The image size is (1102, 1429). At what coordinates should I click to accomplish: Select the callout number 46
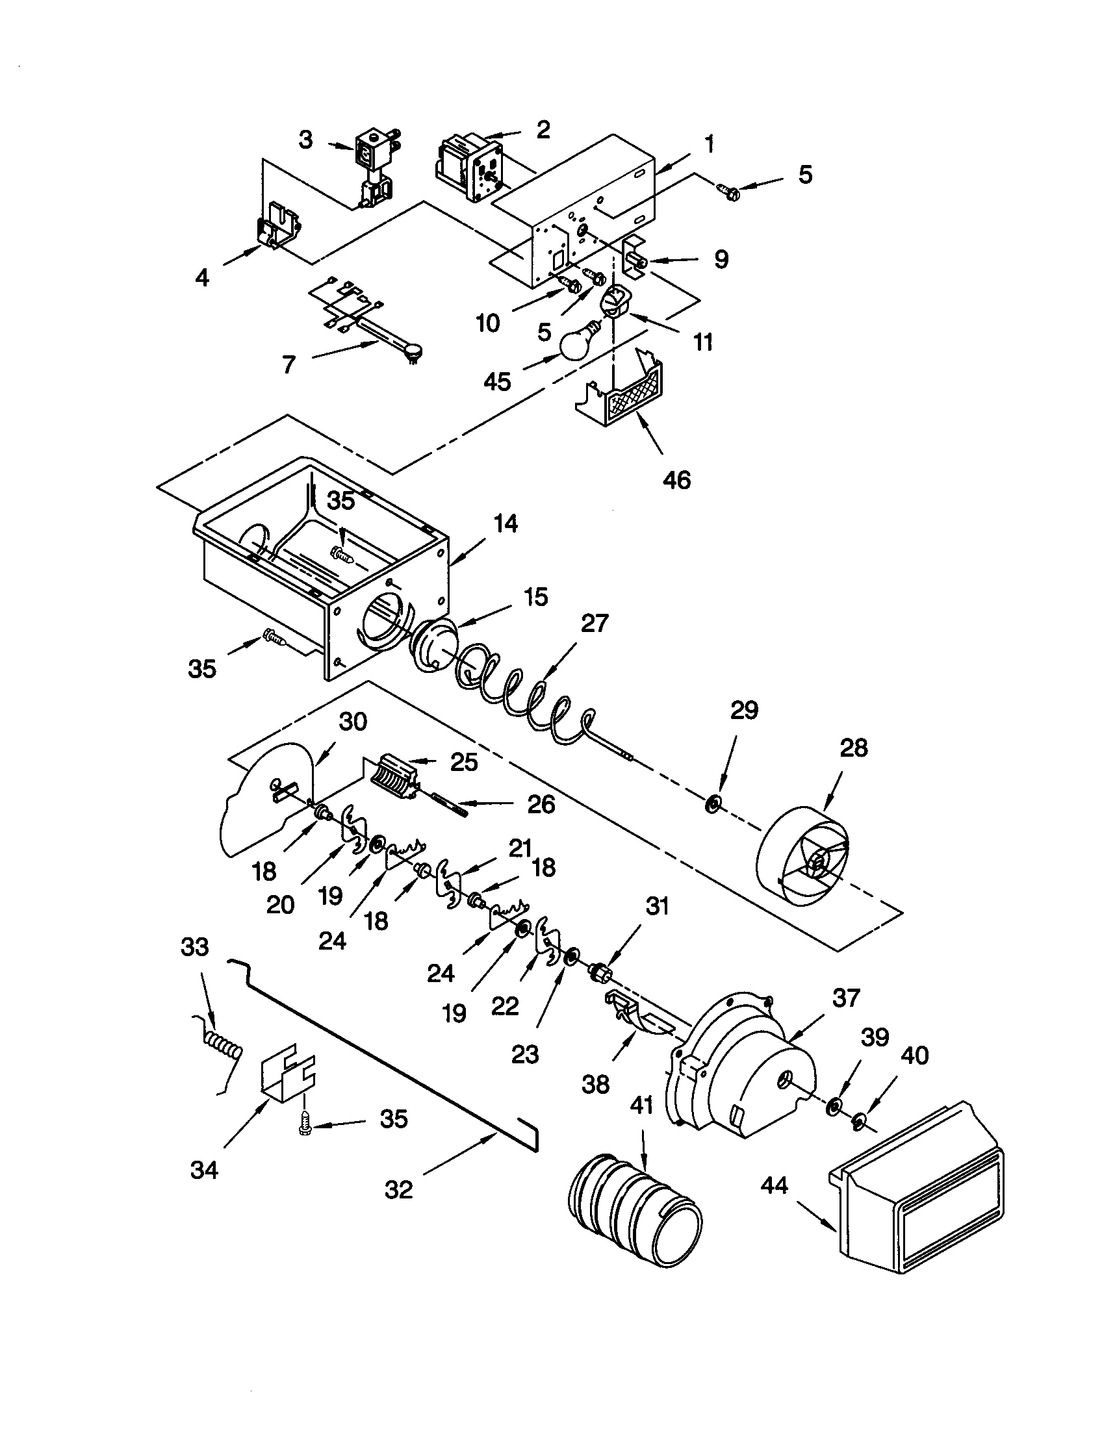pyautogui.click(x=676, y=480)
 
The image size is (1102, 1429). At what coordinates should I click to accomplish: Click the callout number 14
pyautogui.click(x=506, y=524)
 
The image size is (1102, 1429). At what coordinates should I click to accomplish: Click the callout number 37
pyautogui.click(x=846, y=998)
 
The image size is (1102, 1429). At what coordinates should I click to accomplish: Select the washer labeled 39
pyautogui.click(x=834, y=1107)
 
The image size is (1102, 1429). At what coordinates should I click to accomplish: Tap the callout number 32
pyautogui.click(x=398, y=1189)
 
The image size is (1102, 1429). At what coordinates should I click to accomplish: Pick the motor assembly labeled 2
pyautogui.click(x=467, y=167)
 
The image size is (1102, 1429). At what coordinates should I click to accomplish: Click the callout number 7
pyautogui.click(x=289, y=364)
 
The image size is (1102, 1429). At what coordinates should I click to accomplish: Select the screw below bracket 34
pyautogui.click(x=304, y=1126)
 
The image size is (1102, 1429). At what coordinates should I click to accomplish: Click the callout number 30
pyautogui.click(x=353, y=722)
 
